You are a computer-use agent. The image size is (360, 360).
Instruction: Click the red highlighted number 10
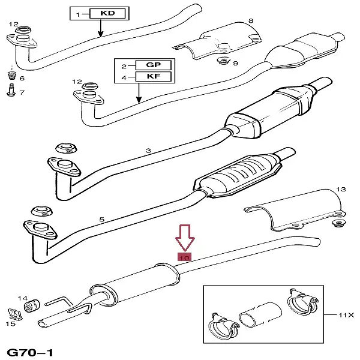[184, 257]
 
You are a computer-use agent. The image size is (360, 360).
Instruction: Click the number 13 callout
[340, 190]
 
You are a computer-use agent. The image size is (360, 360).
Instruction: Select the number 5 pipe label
[101, 220]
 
